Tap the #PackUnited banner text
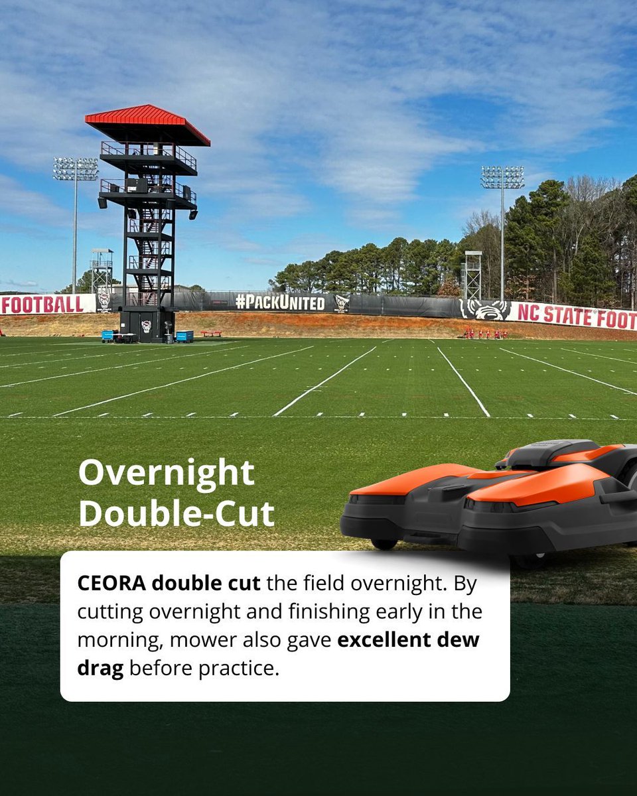(x=280, y=303)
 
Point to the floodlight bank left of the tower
(x=76, y=169)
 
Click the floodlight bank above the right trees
(x=502, y=177)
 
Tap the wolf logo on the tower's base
(x=146, y=326)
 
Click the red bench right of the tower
(x=211, y=333)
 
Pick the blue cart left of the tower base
(x=108, y=336)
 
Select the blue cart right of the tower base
(x=184, y=336)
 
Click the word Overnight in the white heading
(x=166, y=474)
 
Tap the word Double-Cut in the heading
(x=177, y=513)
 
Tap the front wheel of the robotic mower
(x=384, y=543)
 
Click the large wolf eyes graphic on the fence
(x=485, y=310)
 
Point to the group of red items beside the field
(x=486, y=334)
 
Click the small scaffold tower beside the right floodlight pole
(x=472, y=275)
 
